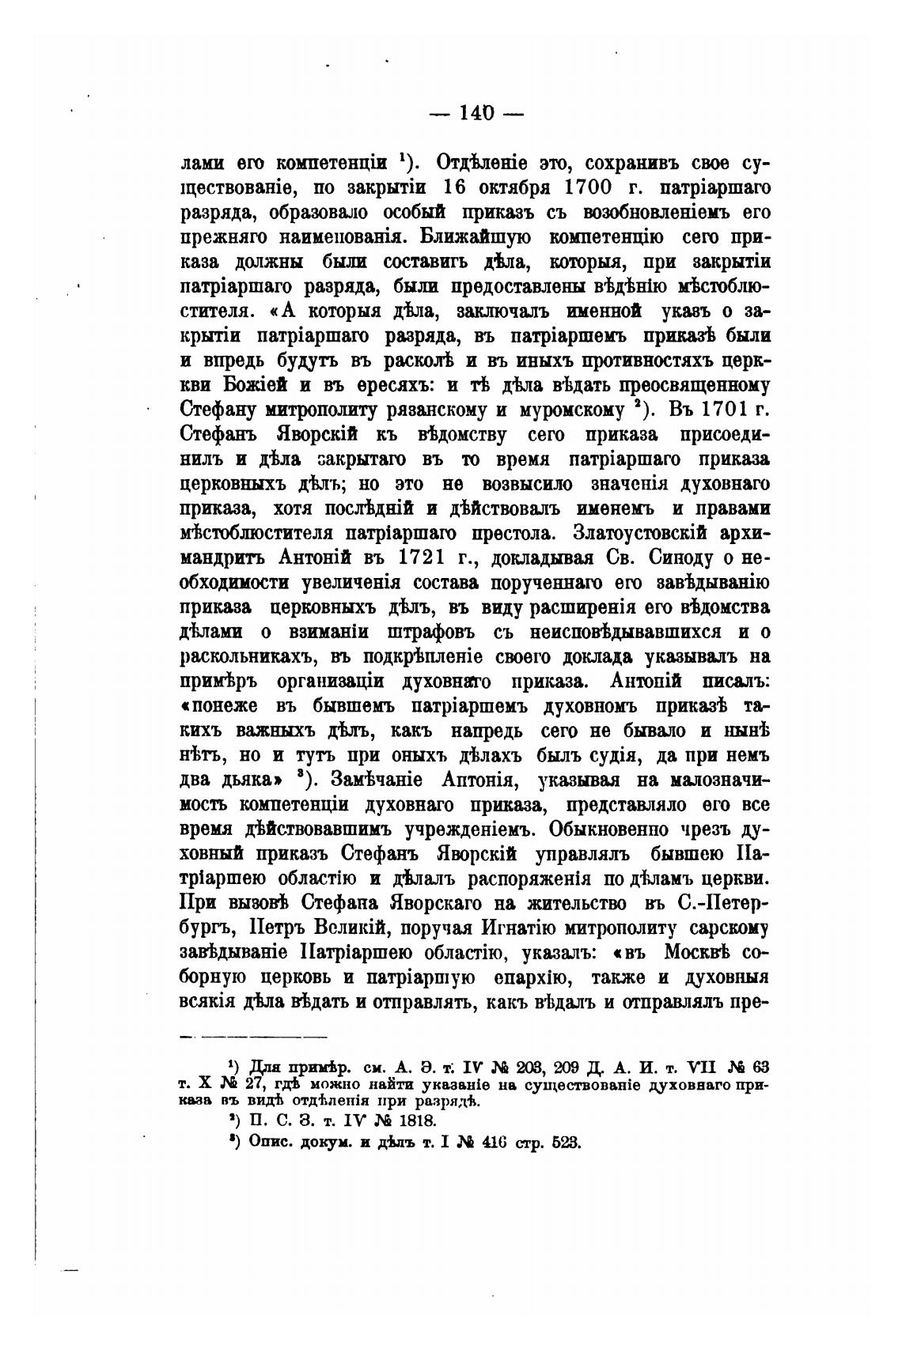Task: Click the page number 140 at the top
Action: point(476,113)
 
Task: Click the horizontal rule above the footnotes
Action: point(253,1036)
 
